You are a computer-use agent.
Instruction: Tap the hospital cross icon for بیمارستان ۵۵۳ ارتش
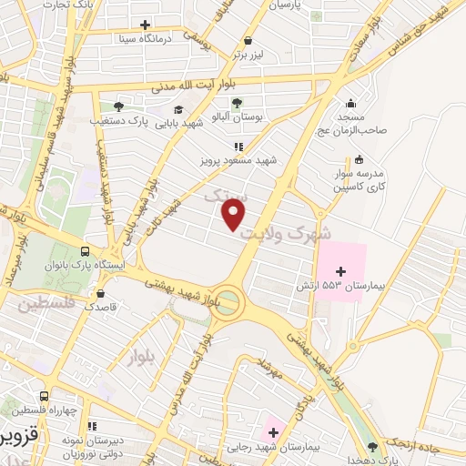pyautogui.click(x=341, y=271)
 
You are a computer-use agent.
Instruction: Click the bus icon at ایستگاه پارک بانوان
pyautogui.click(x=85, y=251)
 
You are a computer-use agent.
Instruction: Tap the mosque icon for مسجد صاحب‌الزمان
pyautogui.click(x=351, y=102)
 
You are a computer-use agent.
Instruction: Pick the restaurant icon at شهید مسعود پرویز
pyautogui.click(x=238, y=146)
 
